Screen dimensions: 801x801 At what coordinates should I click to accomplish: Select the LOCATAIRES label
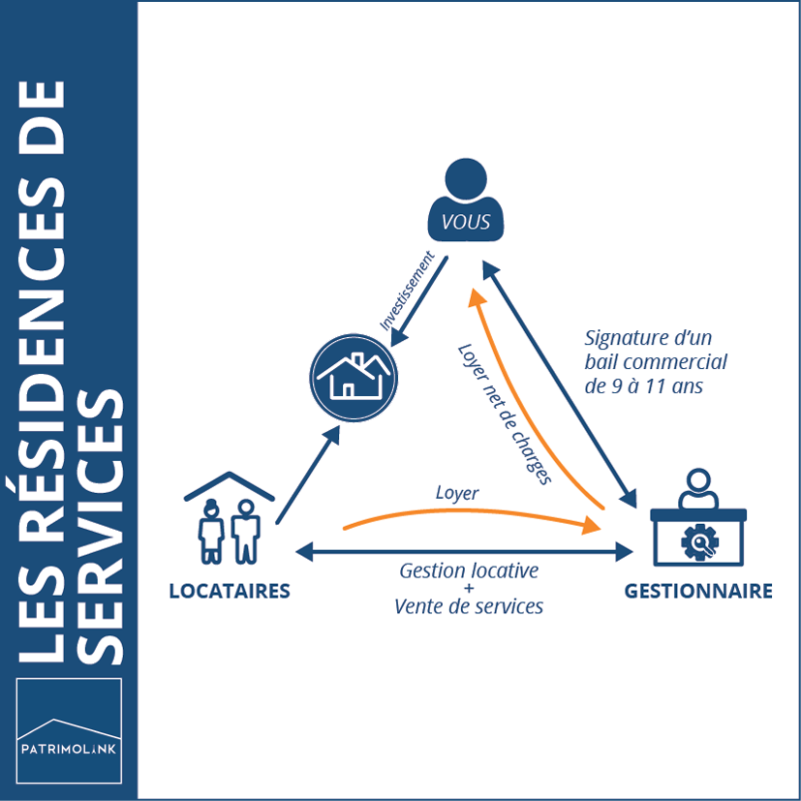230,591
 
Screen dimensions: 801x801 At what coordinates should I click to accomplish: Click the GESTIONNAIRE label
698,591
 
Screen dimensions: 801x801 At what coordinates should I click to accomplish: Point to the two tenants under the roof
231,528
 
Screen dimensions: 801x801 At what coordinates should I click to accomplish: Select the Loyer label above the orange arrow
456,493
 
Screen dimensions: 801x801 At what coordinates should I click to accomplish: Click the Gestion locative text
469,570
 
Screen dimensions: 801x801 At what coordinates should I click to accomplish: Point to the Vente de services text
469,606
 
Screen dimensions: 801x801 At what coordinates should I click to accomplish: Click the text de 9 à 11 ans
642,385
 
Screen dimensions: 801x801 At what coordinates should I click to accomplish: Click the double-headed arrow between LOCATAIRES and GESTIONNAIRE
465,552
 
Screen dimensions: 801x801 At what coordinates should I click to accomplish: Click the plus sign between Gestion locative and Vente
469,588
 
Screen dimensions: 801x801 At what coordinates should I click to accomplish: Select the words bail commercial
656,361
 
